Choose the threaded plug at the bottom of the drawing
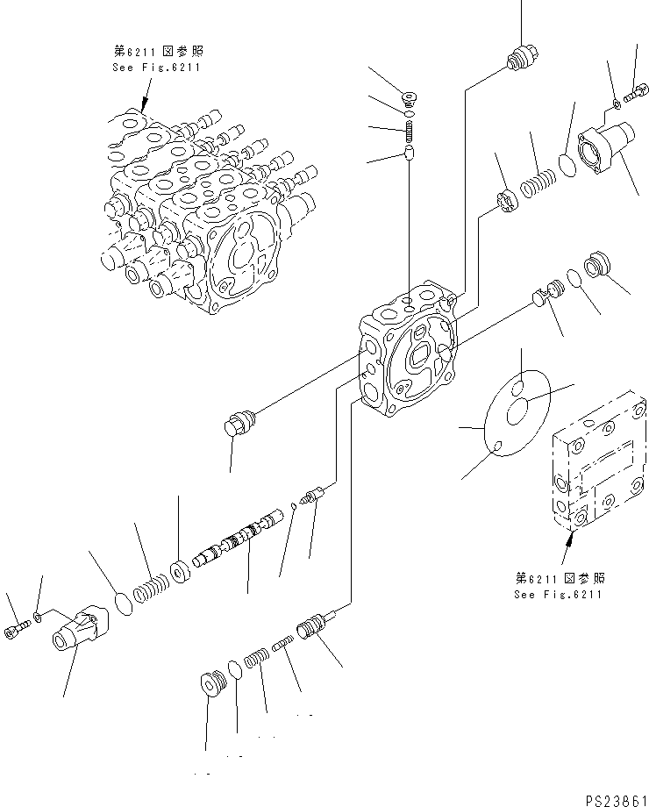[211, 681]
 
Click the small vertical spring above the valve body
[410, 133]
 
